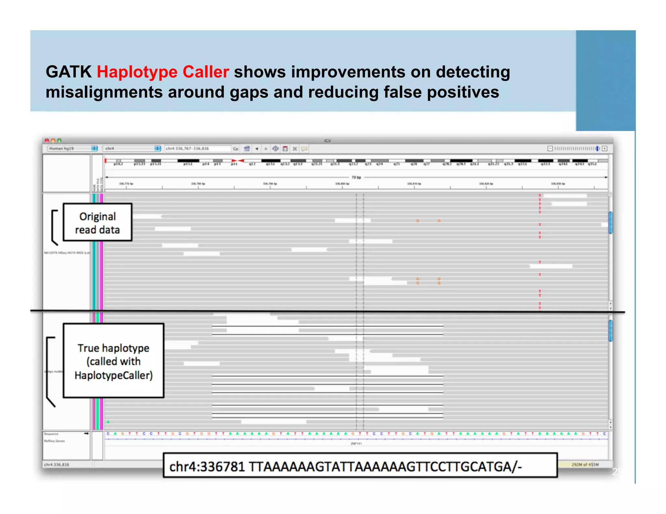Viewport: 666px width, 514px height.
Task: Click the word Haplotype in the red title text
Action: pyautogui.click(x=137, y=72)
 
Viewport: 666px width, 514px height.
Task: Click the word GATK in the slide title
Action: pyautogui.click(x=69, y=72)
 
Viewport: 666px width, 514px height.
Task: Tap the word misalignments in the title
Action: pyautogui.click(x=104, y=92)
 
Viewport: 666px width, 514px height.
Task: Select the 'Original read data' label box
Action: pyautogui.click(x=98, y=223)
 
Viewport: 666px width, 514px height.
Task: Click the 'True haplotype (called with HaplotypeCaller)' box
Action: pyautogui.click(x=113, y=361)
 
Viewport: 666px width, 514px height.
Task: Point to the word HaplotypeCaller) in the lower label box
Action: pyautogui.click(x=113, y=375)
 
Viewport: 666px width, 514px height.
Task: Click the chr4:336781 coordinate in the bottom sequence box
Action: pyautogui.click(x=207, y=467)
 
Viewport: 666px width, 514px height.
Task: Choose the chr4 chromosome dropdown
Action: pyautogui.click(x=131, y=148)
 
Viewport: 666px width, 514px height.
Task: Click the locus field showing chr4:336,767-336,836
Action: pyautogui.click(x=197, y=148)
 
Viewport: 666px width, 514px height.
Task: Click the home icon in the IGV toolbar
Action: pyautogui.click(x=247, y=148)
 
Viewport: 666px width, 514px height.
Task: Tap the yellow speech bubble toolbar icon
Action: pyautogui.click(x=304, y=149)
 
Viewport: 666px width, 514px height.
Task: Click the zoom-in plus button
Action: pyautogui.click(x=605, y=148)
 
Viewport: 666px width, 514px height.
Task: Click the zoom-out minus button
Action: pyautogui.click(x=550, y=148)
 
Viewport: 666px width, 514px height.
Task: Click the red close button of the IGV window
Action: pyautogui.click(x=47, y=140)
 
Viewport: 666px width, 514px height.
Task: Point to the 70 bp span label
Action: pyautogui.click(x=356, y=177)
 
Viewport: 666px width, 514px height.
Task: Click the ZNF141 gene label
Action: pyautogui.click(x=356, y=443)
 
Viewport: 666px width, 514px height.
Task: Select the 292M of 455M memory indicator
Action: pyautogui.click(x=585, y=465)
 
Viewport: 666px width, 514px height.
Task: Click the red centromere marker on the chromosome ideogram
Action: pyautogui.click(x=238, y=161)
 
